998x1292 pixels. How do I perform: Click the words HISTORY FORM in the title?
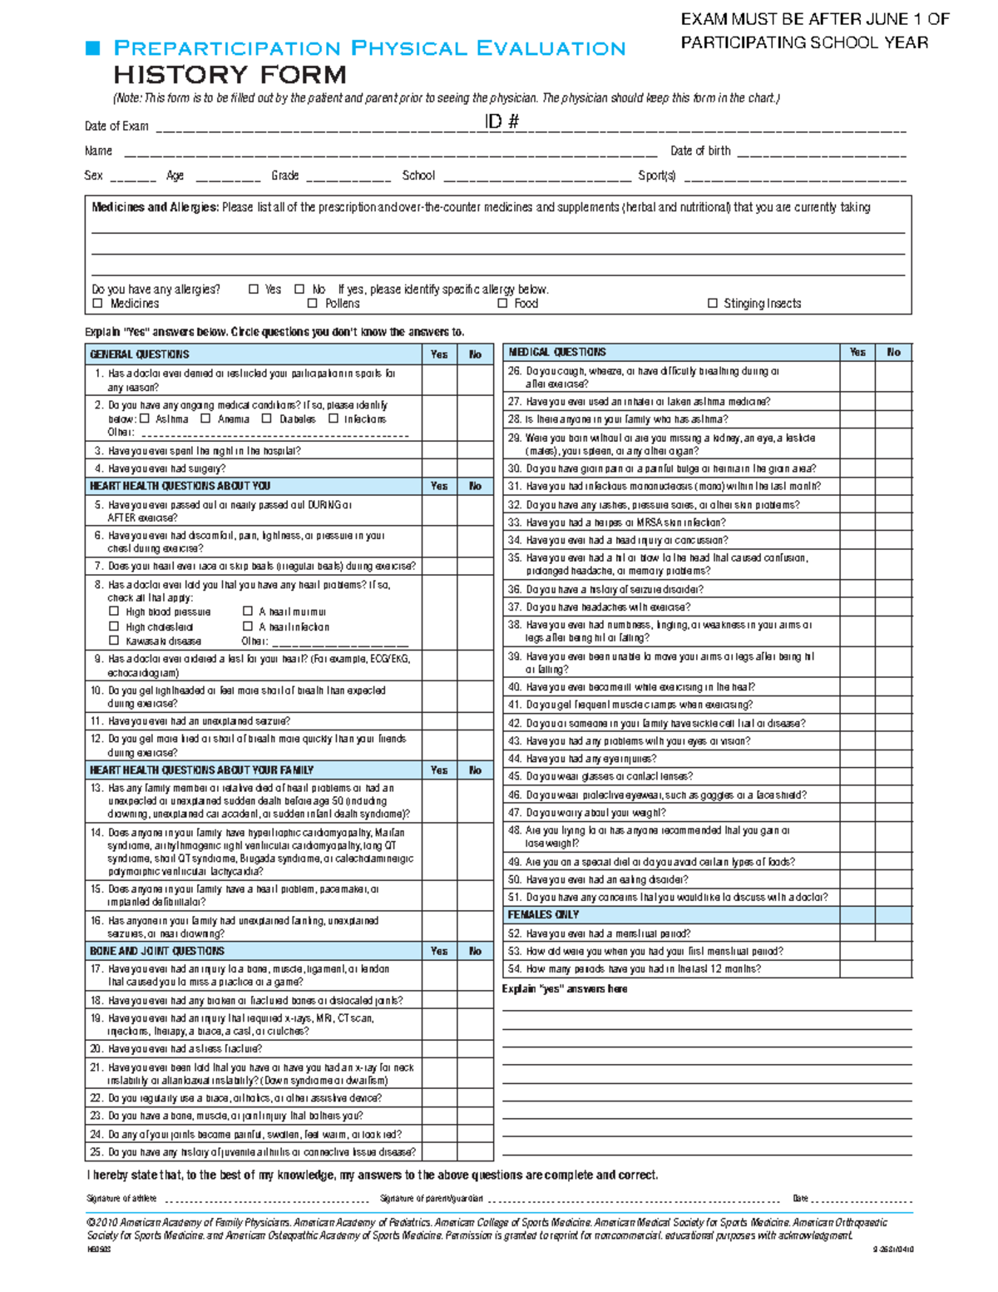pyautogui.click(x=230, y=75)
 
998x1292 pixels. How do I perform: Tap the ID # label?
pyautogui.click(x=501, y=121)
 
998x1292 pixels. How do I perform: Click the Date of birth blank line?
pyautogui.click(x=821, y=153)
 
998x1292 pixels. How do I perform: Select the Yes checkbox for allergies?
pyautogui.click(x=254, y=290)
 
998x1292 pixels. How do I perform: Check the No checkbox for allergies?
pyautogui.click(x=299, y=290)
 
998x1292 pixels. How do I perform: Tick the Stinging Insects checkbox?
pyautogui.click(x=713, y=304)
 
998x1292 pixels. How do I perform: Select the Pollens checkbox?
pyautogui.click(x=313, y=304)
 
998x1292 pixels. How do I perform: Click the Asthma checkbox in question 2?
pyautogui.click(x=145, y=419)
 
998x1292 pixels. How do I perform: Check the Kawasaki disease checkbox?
pyautogui.click(x=114, y=641)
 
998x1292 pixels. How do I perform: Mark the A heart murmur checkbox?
pyautogui.click(x=247, y=611)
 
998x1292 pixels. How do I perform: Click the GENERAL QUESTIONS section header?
pyautogui.click(x=140, y=354)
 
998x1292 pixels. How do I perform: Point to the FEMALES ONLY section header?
pyautogui.click(x=543, y=915)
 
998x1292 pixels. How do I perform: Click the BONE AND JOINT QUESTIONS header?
pyautogui.click(x=157, y=951)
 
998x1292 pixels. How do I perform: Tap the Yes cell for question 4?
pyautogui.click(x=439, y=468)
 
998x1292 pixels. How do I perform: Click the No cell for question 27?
pyautogui.click(x=893, y=402)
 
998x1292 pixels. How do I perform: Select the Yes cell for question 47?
pyautogui.click(x=857, y=813)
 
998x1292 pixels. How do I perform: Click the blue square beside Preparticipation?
pyautogui.click(x=93, y=48)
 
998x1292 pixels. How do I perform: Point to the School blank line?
pyautogui.click(x=537, y=177)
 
